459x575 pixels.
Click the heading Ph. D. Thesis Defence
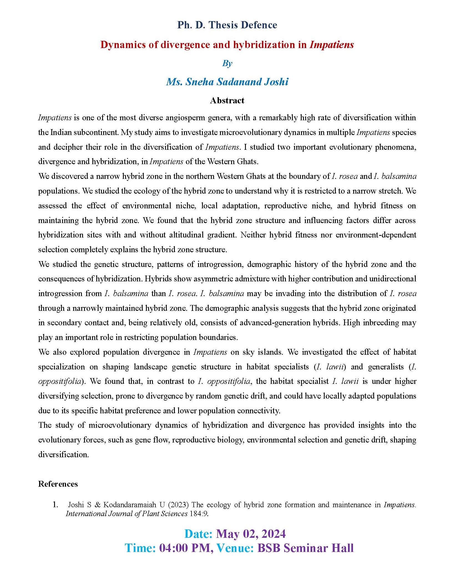tap(227, 25)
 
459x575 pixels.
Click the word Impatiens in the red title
tap(332, 45)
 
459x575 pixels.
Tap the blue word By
tap(227, 63)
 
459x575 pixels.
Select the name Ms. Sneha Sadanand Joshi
tap(227, 82)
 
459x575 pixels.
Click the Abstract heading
tap(227, 100)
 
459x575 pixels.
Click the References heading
tap(58, 484)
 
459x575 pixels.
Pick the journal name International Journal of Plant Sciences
tap(127, 514)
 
